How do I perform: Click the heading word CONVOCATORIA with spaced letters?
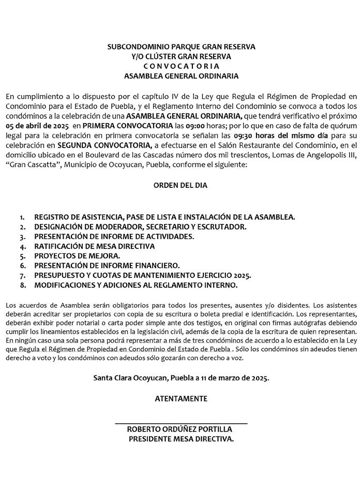[x=181, y=66]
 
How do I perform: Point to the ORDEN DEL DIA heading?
[x=181, y=185]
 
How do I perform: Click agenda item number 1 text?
[x=164, y=217]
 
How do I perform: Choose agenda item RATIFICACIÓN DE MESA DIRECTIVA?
[x=94, y=246]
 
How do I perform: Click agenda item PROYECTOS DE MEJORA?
[x=77, y=256]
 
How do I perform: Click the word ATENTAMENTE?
[x=181, y=399]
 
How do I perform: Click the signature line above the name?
[x=181, y=424]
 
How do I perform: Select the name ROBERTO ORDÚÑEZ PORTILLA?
[x=180, y=430]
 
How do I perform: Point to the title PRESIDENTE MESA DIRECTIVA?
[x=181, y=439]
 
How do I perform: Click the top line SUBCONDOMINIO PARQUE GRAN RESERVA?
[x=181, y=47]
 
